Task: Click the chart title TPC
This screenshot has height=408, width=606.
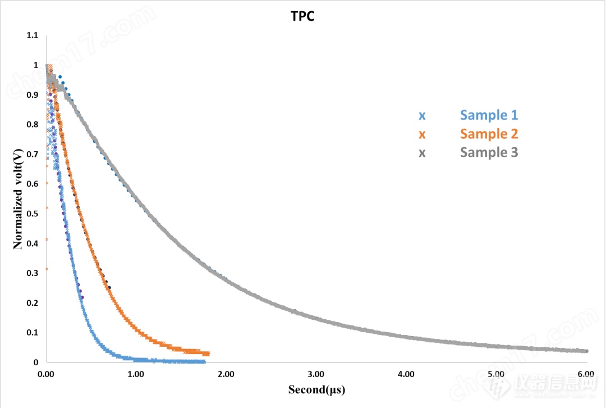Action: (x=302, y=16)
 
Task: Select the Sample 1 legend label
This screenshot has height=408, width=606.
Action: (x=489, y=115)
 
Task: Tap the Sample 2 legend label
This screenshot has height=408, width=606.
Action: (x=489, y=134)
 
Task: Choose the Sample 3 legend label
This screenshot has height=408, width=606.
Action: (x=489, y=152)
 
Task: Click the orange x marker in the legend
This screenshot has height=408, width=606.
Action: (x=422, y=135)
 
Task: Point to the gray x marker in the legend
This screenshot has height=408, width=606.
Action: (x=422, y=153)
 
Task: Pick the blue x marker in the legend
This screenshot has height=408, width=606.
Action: (x=422, y=116)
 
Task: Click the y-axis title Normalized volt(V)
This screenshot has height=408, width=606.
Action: (x=18, y=198)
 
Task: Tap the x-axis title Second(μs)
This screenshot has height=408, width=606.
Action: (x=316, y=389)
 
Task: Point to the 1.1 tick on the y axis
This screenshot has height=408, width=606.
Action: (x=33, y=35)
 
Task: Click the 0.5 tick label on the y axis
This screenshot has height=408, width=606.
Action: (x=33, y=214)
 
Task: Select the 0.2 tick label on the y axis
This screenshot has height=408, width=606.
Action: (x=33, y=303)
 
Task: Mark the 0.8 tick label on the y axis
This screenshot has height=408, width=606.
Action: (x=33, y=124)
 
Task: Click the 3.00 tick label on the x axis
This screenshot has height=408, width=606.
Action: (x=316, y=374)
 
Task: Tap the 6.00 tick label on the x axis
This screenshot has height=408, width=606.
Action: (x=586, y=374)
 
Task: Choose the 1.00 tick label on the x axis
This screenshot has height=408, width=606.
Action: (x=136, y=374)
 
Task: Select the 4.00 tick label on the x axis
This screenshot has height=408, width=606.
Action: (x=406, y=374)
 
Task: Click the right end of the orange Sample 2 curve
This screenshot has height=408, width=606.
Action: (x=208, y=353)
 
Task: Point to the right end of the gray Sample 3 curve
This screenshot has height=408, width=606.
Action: (x=587, y=351)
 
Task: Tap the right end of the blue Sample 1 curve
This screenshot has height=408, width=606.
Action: (x=204, y=361)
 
